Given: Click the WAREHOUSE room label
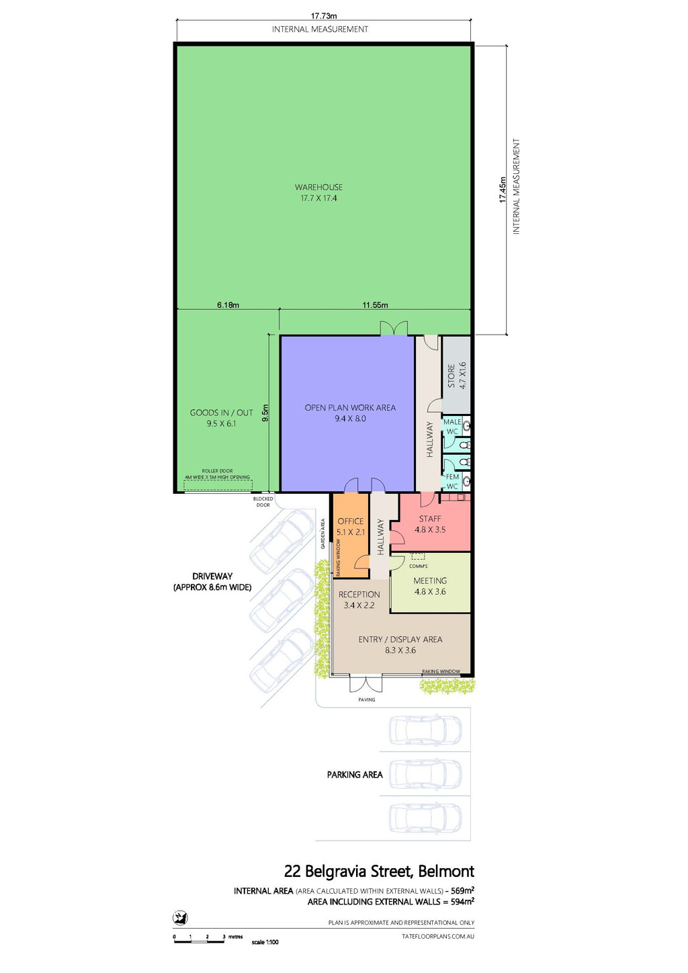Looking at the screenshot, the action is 318,187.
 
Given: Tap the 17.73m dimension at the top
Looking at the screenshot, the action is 324,16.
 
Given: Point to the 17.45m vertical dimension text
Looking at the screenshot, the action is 503,189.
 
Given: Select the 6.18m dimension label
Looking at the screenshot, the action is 228,305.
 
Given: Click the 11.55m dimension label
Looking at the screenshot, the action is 376,305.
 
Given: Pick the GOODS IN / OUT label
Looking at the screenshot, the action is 221,413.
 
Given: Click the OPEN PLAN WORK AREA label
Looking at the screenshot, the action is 350,407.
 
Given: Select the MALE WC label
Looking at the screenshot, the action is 452,427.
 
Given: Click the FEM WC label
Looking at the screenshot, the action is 452,481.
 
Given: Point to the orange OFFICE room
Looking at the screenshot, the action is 350,536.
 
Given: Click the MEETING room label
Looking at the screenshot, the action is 430,581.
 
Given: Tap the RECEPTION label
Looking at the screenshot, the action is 359,594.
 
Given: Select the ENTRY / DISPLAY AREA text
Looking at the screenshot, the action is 400,640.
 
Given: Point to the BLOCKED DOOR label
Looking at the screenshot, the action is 263,502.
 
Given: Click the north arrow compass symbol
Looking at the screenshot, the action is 180,917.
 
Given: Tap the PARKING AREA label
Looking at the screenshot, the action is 355,775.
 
